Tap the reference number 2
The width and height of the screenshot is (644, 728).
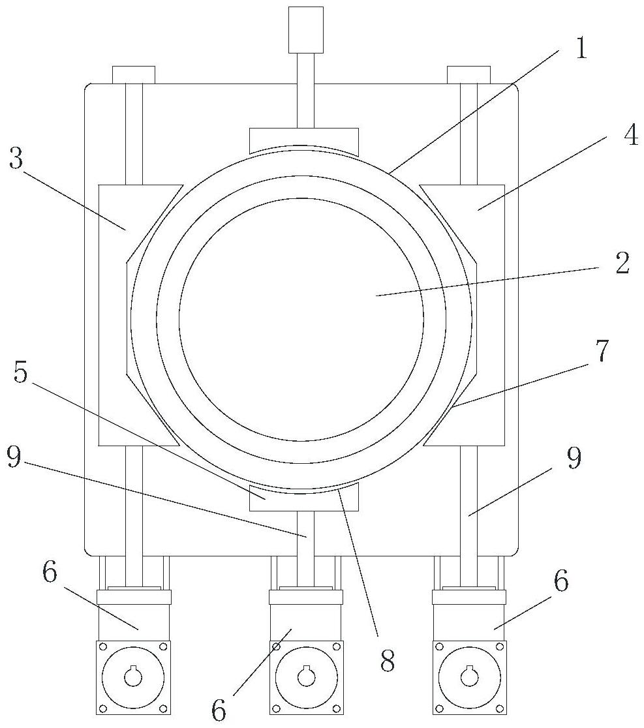tap(621, 264)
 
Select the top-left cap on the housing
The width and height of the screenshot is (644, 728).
tap(133, 74)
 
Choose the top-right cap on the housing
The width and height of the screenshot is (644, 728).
tap(468, 74)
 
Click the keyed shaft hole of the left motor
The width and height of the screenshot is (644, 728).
tap(133, 677)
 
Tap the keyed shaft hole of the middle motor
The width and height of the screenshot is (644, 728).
tap(306, 677)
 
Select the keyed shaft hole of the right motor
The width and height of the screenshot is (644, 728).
tap(469, 677)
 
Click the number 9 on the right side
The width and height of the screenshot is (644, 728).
tap(574, 459)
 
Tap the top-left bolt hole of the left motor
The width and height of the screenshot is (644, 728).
tap(102, 646)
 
